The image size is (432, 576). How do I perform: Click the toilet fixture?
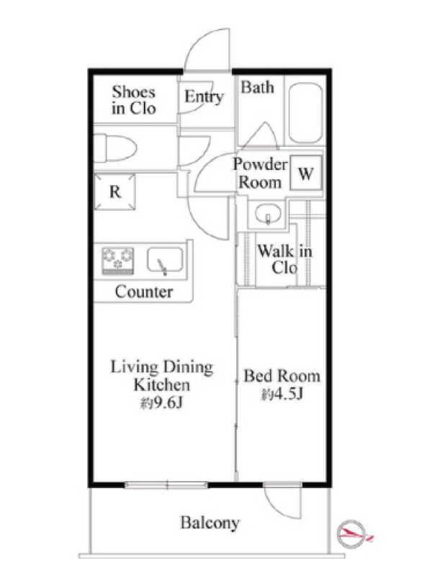click(x=114, y=148)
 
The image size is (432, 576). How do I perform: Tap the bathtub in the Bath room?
click(x=305, y=114)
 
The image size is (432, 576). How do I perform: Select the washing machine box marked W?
click(x=306, y=173)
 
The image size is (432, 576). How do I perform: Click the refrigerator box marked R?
click(x=114, y=192)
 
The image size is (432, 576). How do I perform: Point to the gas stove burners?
click(x=118, y=261)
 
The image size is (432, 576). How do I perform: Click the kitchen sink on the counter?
click(x=166, y=261)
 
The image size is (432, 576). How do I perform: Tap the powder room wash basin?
click(x=269, y=214)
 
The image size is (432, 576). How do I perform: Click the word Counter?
click(x=143, y=292)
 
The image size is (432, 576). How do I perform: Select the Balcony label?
click(x=210, y=523)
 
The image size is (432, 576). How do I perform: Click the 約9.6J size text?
click(x=161, y=403)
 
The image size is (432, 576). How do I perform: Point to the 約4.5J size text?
click(x=282, y=394)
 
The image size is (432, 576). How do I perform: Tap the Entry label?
click(x=204, y=96)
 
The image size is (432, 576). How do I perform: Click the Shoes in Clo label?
click(x=134, y=100)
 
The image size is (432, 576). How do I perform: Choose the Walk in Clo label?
click(x=284, y=259)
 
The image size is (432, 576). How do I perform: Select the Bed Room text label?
click(x=282, y=376)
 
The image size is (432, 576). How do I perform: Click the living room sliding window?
click(x=166, y=485)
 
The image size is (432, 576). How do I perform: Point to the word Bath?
click(x=258, y=87)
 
